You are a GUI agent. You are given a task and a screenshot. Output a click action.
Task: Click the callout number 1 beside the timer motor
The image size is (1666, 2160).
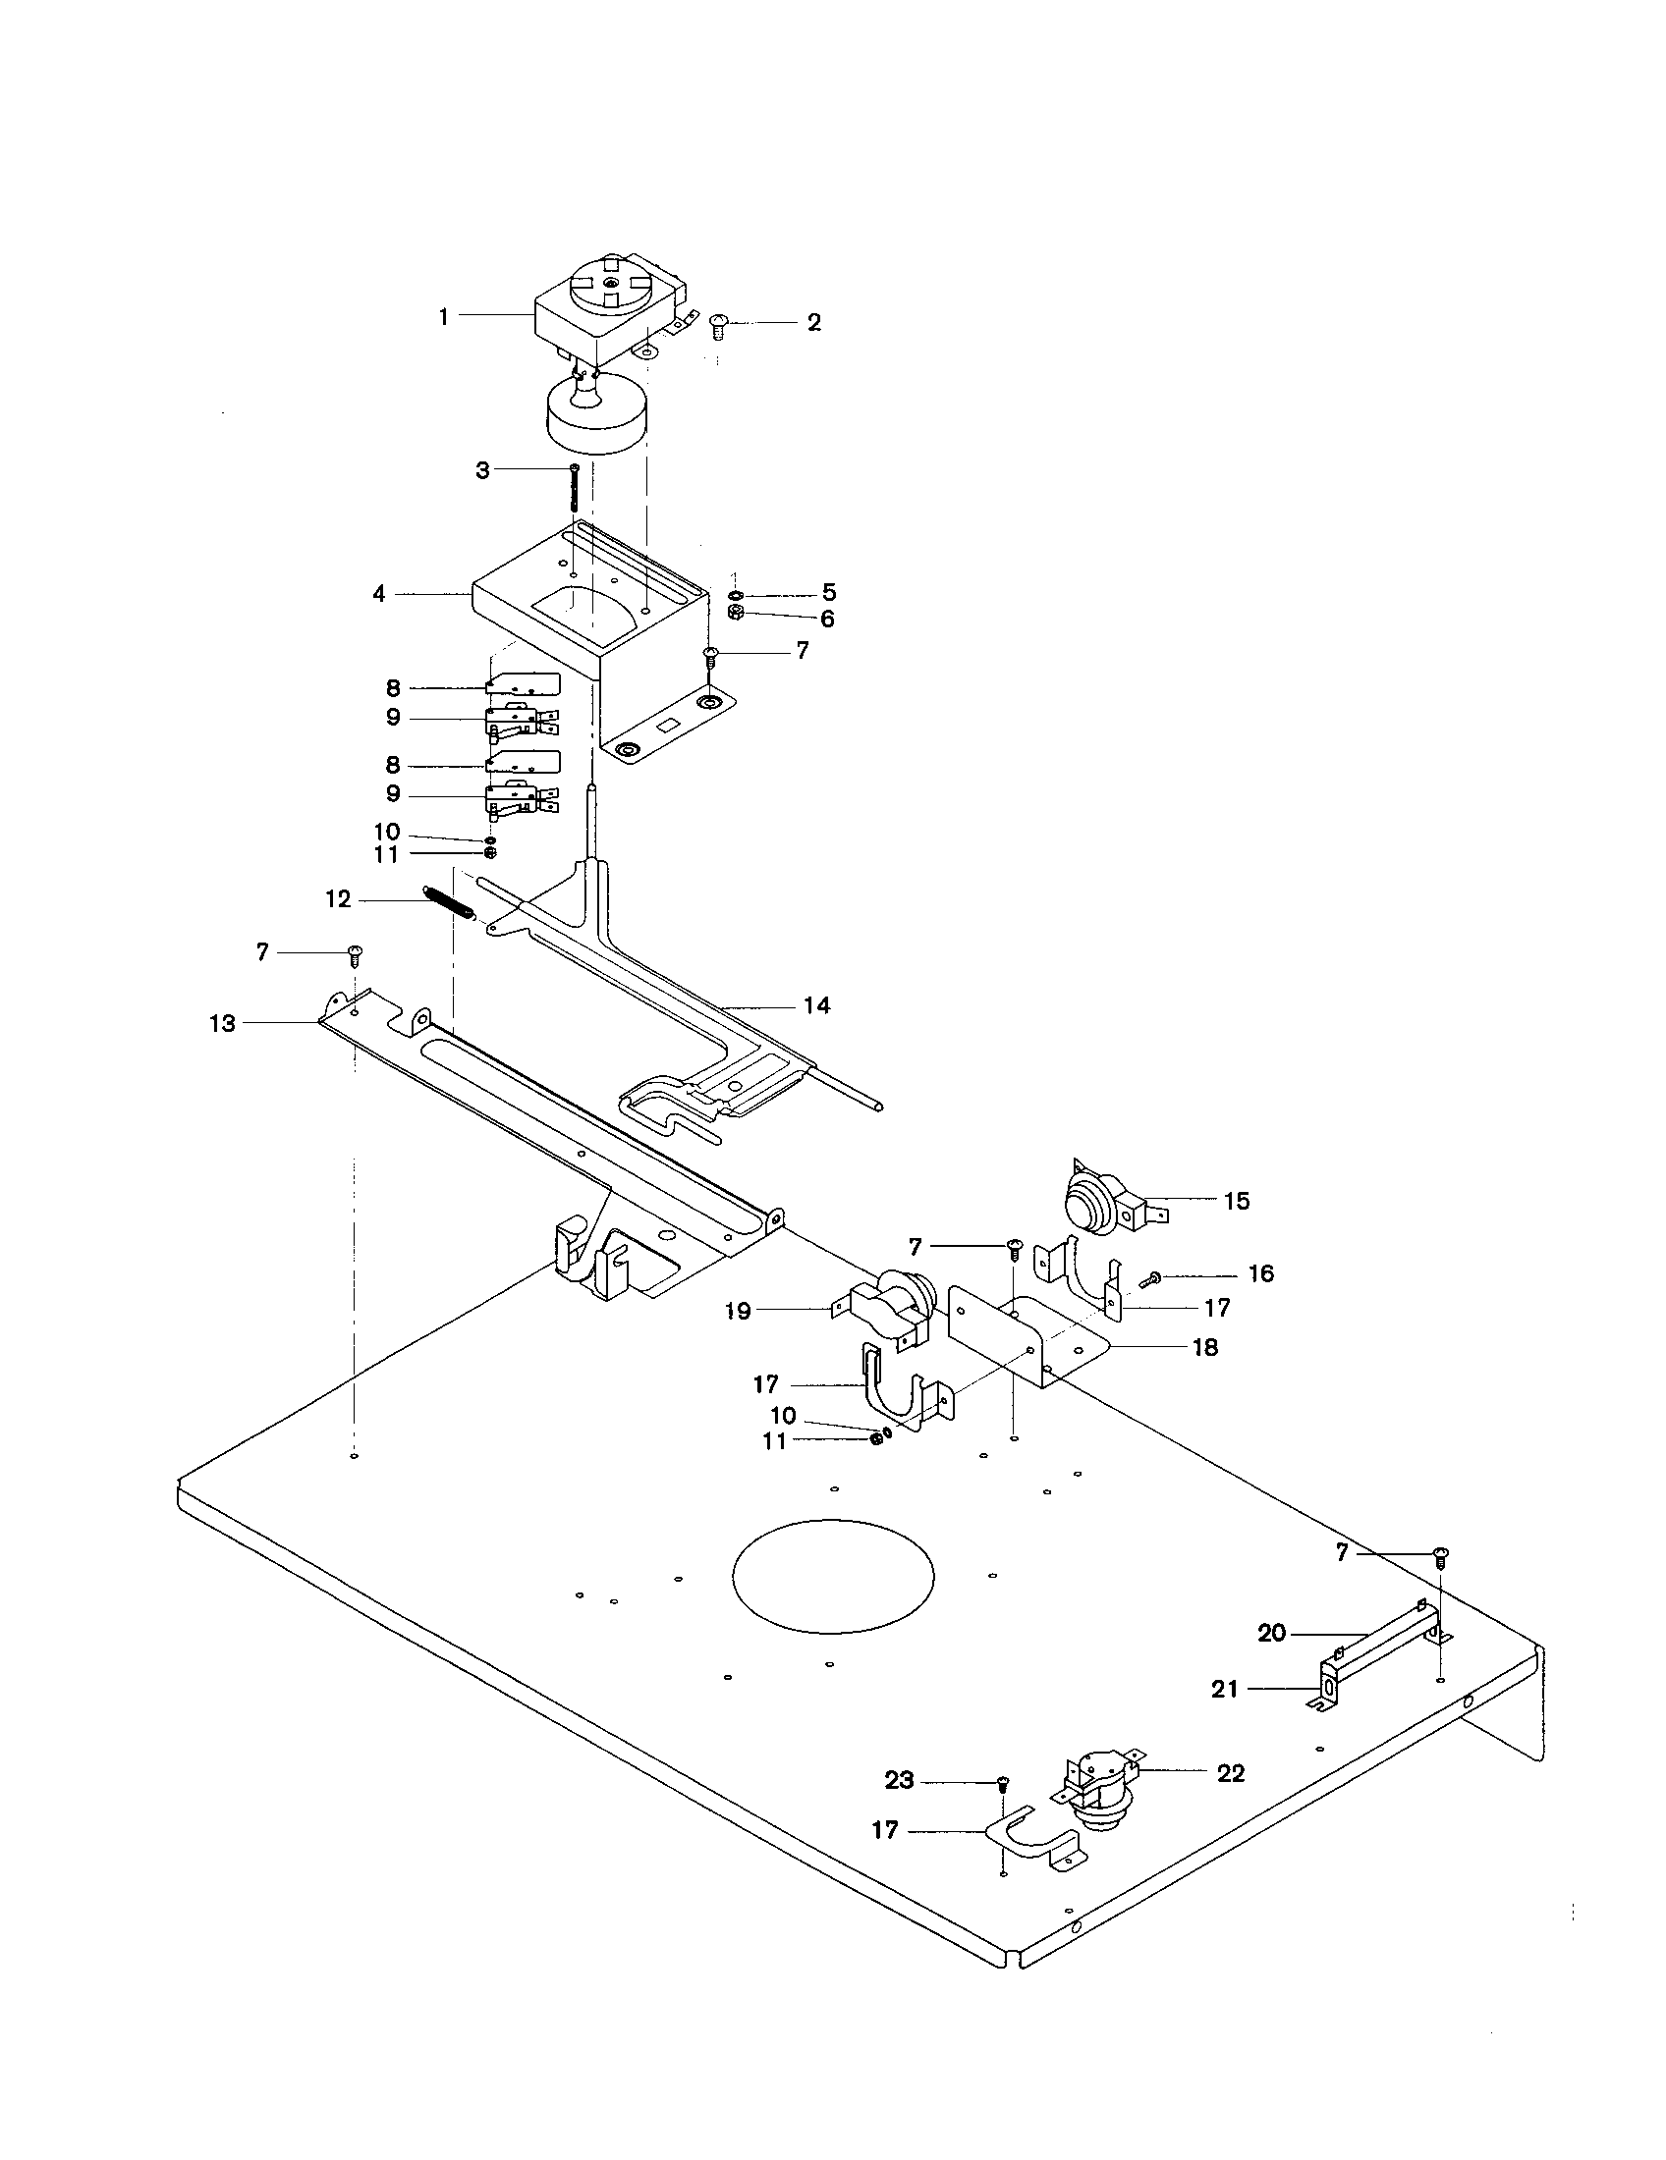pos(444,316)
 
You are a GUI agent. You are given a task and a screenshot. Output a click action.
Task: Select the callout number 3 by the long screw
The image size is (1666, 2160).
pos(482,470)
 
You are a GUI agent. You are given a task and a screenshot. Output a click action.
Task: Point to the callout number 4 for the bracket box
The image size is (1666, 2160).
pos(379,594)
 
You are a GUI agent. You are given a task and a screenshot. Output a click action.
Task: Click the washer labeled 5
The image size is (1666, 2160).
pos(735,595)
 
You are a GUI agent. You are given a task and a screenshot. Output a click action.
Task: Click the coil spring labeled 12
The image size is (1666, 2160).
pos(449,901)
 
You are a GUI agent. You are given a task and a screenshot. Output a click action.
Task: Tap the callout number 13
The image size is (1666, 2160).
pos(223,1024)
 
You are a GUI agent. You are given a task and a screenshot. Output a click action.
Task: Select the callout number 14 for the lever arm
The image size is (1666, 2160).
pos(816,1005)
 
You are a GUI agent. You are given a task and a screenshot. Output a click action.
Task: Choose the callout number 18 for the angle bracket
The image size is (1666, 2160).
pos(1205,1347)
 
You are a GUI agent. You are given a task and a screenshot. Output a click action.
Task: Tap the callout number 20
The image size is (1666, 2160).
pos(1271,1634)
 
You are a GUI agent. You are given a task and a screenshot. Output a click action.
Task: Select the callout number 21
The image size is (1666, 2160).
pos(1225,1691)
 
